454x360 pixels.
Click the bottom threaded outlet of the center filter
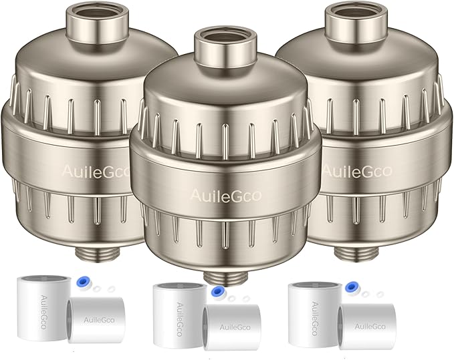226,275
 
